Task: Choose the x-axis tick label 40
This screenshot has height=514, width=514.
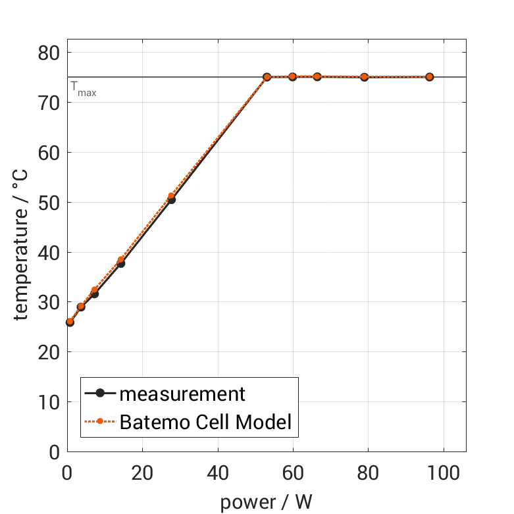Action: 217,473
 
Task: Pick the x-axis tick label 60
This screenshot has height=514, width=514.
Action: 293,473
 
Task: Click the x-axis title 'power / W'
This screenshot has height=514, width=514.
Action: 266,502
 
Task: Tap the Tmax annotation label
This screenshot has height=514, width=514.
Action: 84,89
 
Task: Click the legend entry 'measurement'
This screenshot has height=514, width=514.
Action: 182,394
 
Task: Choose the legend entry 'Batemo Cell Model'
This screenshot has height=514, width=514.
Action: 205,422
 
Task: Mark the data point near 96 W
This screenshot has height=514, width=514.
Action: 429,77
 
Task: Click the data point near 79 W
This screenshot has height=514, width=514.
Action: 364,77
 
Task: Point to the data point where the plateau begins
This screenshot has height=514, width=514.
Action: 267,77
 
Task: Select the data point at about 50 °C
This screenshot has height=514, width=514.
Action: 171,199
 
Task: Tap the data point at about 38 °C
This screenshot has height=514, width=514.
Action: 120,263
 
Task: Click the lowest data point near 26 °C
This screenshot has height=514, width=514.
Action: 70,322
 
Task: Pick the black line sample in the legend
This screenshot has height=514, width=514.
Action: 100,394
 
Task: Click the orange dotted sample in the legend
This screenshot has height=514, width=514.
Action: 100,422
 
